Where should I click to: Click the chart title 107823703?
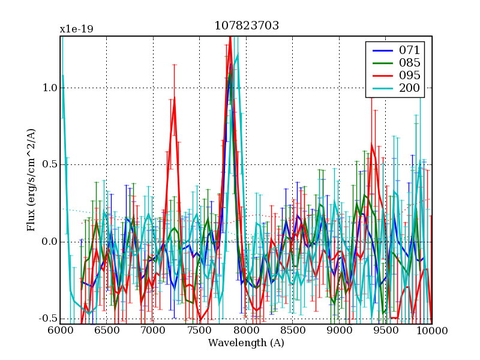(x=247, y=26)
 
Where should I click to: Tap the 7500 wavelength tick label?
(x=199, y=331)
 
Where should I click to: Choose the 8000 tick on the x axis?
(x=245, y=331)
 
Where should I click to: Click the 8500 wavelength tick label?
(x=292, y=331)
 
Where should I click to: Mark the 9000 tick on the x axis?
(x=338, y=331)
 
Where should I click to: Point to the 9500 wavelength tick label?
(x=385, y=331)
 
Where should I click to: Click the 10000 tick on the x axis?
(x=430, y=331)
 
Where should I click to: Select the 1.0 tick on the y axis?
(x=49, y=88)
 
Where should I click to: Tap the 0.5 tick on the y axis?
(x=49, y=165)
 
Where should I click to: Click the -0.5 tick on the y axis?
(x=47, y=319)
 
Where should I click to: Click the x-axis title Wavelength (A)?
(x=246, y=343)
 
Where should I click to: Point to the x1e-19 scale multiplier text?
(x=76, y=29)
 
